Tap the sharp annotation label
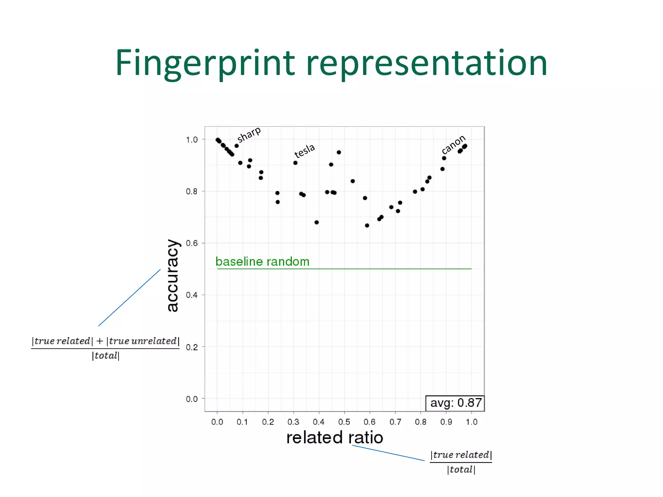coord(249,134)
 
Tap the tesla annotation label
coord(304,150)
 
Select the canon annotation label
coord(453,144)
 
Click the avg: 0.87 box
coord(455,403)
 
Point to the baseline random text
coord(262,261)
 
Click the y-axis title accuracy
coord(173,276)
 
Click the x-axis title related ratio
coord(334,437)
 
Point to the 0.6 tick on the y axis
coord(192,243)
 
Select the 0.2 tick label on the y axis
coord(192,347)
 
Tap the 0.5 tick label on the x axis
coord(344,422)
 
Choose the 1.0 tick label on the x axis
coord(471,422)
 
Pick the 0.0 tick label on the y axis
coord(192,399)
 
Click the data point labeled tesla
coord(295,163)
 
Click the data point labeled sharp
coord(237,146)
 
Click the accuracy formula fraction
coord(106,348)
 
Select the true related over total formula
coord(461,462)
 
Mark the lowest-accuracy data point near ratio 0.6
coord(367,226)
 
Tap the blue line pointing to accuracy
coord(129,297)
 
